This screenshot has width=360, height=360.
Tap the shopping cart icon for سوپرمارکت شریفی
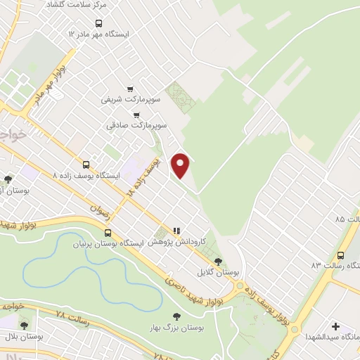pyautogui.click(x=130, y=89)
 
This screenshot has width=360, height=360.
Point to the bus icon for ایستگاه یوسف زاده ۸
pyautogui.click(x=86, y=164)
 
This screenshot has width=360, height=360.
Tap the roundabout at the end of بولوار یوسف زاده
pyautogui.click(x=243, y=288)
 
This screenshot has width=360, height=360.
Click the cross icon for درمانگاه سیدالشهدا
pyautogui.click(x=335, y=327)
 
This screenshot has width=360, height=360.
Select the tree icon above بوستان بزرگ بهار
pyautogui.click(x=176, y=318)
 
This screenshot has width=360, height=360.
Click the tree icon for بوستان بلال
pyautogui.click(x=25, y=326)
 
